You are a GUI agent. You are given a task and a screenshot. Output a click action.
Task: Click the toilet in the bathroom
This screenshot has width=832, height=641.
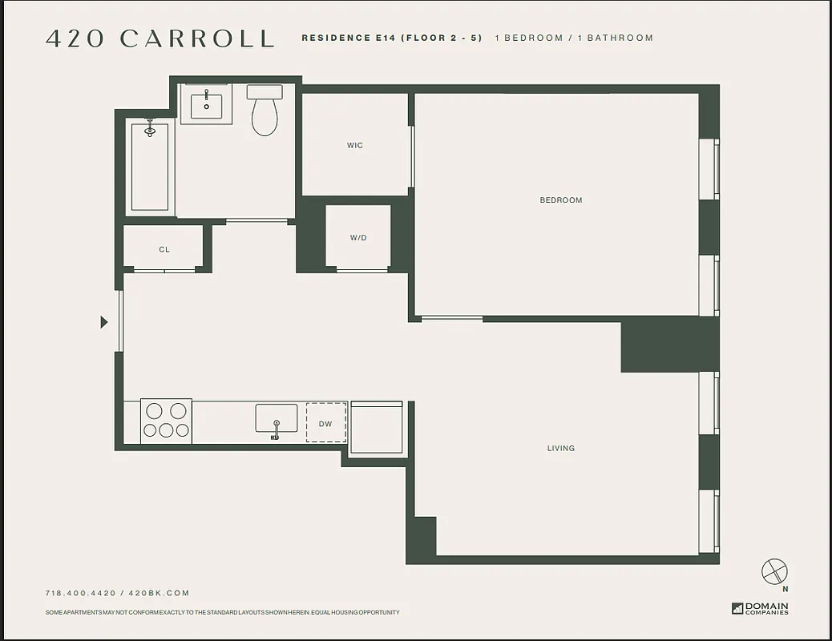(265, 112)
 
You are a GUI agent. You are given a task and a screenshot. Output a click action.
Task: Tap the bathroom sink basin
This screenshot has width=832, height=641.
(206, 104)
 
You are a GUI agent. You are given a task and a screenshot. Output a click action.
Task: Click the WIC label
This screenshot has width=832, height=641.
(355, 146)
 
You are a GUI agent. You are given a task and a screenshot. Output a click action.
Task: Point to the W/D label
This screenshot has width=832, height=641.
(358, 238)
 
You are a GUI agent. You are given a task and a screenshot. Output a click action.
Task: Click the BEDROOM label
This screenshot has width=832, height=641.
(561, 200)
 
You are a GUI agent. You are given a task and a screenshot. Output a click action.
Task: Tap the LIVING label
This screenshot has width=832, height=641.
(561, 449)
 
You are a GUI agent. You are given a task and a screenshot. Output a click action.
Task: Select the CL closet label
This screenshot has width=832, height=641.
(164, 250)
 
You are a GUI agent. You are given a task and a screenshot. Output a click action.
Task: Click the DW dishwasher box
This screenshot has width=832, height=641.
(326, 423)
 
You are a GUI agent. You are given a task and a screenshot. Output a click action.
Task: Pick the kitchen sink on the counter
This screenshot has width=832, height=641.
(276, 419)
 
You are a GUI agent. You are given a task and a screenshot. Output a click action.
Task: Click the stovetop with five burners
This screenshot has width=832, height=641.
(167, 421)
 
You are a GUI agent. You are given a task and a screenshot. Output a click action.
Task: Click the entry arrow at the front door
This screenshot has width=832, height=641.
(103, 322)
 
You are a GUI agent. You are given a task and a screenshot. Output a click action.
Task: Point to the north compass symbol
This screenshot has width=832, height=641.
(774, 572)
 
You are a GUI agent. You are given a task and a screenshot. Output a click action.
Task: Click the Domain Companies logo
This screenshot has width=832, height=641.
(760, 608)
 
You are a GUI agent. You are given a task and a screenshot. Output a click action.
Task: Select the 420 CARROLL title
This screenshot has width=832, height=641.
(160, 38)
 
